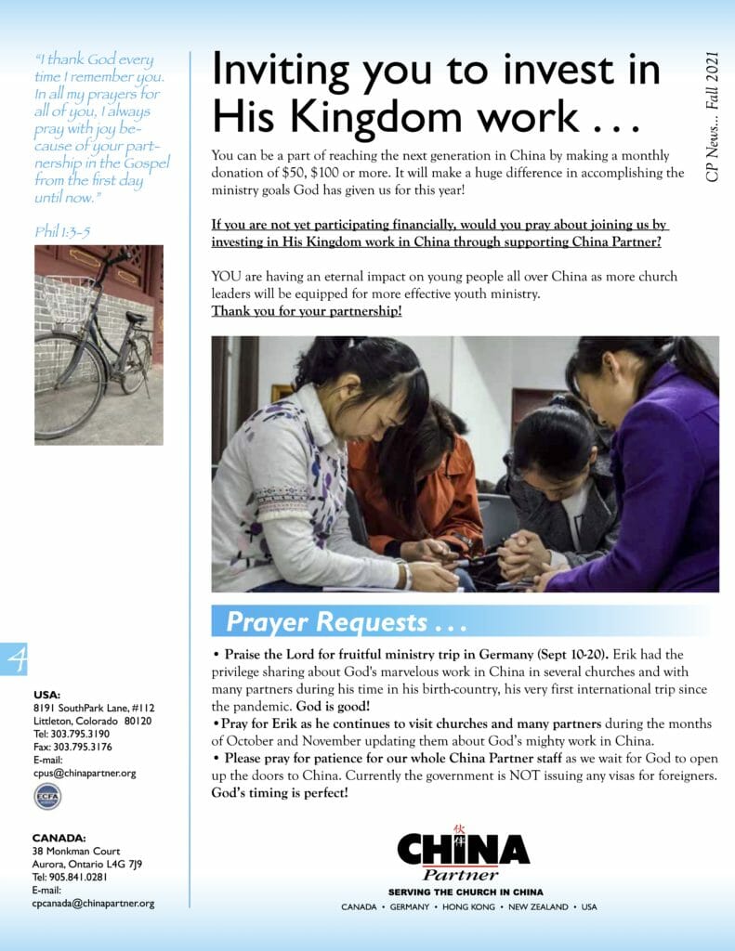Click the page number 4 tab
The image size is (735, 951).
17,658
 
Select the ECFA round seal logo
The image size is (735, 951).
47,796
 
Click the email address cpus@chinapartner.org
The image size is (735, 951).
85,773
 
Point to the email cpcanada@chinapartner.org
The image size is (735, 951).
93,903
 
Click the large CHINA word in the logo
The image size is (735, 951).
463,849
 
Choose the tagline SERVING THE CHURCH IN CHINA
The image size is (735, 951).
466,891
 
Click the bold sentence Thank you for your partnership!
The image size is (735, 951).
307,310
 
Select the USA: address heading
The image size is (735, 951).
46,694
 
